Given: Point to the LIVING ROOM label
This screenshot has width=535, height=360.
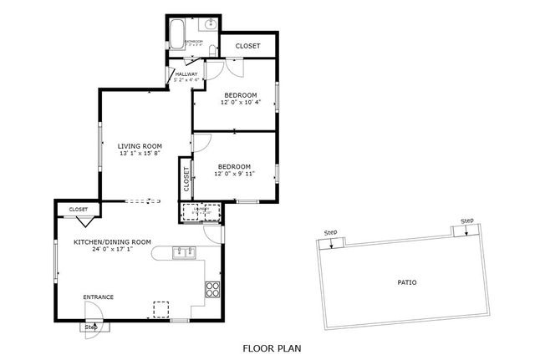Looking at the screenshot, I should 139,145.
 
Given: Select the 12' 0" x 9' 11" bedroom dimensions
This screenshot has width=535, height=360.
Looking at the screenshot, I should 236,174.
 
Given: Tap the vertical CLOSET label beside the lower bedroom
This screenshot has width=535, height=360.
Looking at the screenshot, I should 186,178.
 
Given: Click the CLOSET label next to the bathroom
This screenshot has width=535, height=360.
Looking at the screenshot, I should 247,46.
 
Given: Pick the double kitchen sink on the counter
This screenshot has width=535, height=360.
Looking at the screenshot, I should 184,251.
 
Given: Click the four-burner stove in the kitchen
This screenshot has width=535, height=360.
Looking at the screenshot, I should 212,290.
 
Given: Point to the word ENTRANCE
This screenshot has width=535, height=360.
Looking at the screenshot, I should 98,297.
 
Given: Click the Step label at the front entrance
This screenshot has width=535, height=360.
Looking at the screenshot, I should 91,327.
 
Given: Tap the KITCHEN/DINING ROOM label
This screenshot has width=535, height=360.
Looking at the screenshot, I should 112,241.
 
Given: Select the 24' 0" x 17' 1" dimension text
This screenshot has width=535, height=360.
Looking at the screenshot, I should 112,249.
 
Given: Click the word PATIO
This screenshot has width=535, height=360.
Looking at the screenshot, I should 406,282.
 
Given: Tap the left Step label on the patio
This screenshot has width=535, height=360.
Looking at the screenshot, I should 331,232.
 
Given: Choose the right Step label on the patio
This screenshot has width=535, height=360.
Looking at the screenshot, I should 466,221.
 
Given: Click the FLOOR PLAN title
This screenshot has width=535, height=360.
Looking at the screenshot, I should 272,348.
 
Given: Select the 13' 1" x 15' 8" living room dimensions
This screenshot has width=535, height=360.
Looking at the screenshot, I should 139,154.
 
